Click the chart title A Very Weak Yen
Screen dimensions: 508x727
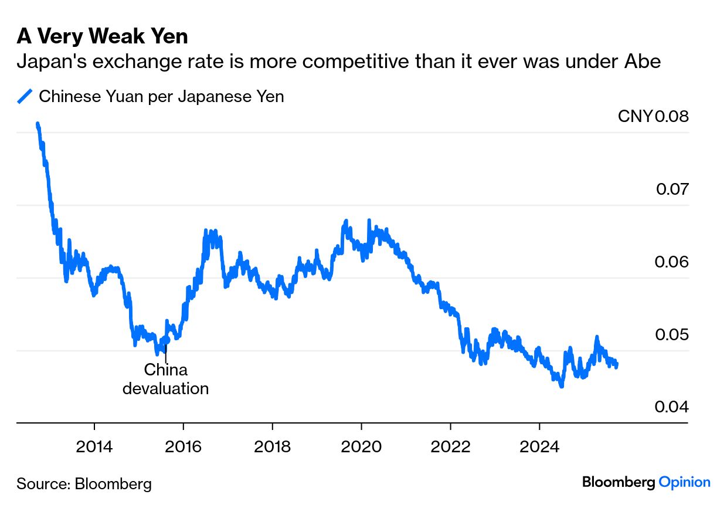pos(102,37)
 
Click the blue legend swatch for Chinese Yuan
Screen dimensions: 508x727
pos(25,96)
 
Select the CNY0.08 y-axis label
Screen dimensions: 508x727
pos(653,116)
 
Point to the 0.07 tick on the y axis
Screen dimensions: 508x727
pos(672,189)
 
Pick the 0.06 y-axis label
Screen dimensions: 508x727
pos(672,262)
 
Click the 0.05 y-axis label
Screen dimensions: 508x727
pos(672,334)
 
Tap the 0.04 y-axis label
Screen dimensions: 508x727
pos(672,407)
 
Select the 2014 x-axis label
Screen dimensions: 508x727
pos(94,446)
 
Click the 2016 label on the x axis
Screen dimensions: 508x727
pos(184,446)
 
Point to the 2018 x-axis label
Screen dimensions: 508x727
pos(272,446)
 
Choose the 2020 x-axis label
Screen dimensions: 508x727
pos(361,446)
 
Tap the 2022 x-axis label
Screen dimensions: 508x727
pos(450,446)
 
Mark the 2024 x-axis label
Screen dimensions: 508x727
pos(539,446)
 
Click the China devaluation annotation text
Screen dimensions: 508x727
pos(165,379)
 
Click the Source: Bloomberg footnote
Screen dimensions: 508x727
pos(84,484)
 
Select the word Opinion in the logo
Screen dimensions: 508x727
pos(684,482)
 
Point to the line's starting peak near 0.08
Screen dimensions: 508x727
pos(38,124)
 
